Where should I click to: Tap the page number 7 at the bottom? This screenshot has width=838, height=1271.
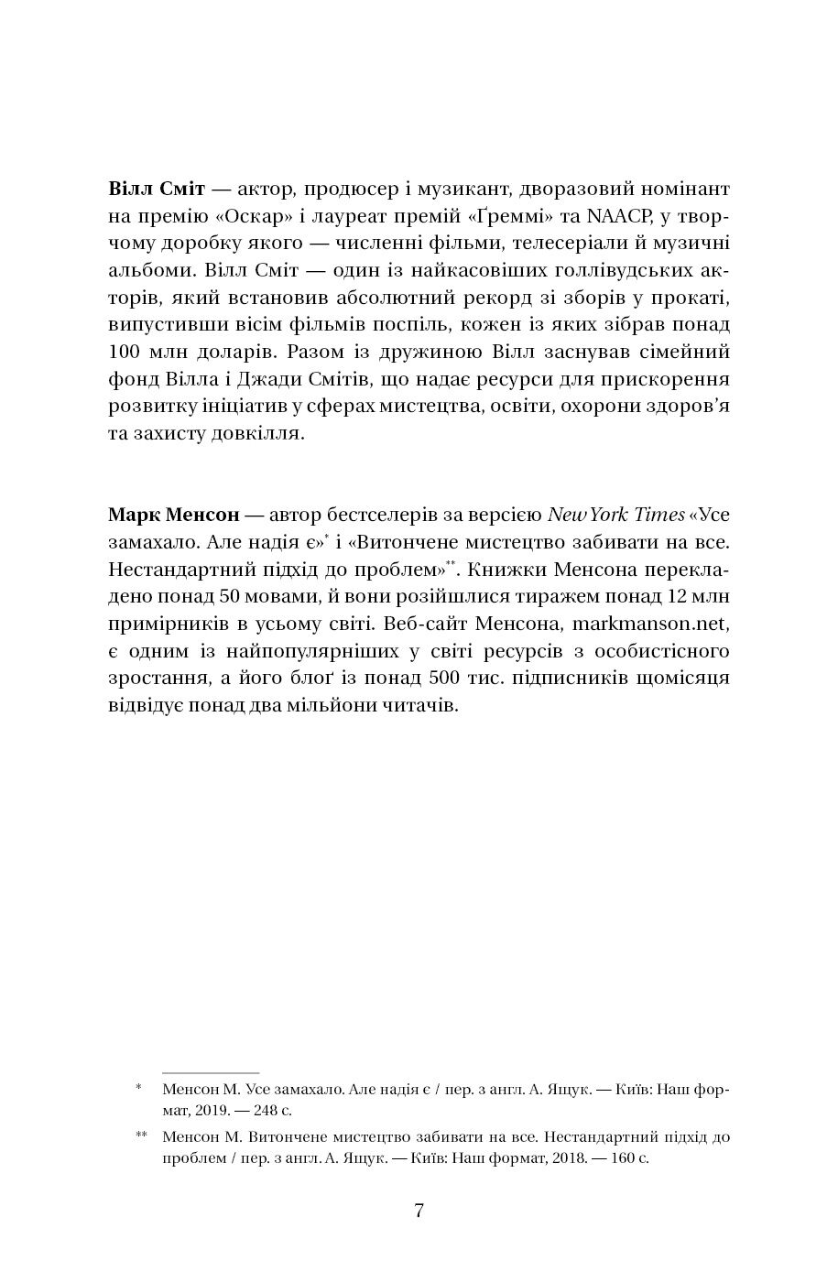[x=419, y=1211]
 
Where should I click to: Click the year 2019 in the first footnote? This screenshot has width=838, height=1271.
[x=212, y=1112]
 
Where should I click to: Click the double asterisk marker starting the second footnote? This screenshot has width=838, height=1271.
[x=141, y=1136]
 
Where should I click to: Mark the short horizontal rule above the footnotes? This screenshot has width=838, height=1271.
[x=211, y=1071]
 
